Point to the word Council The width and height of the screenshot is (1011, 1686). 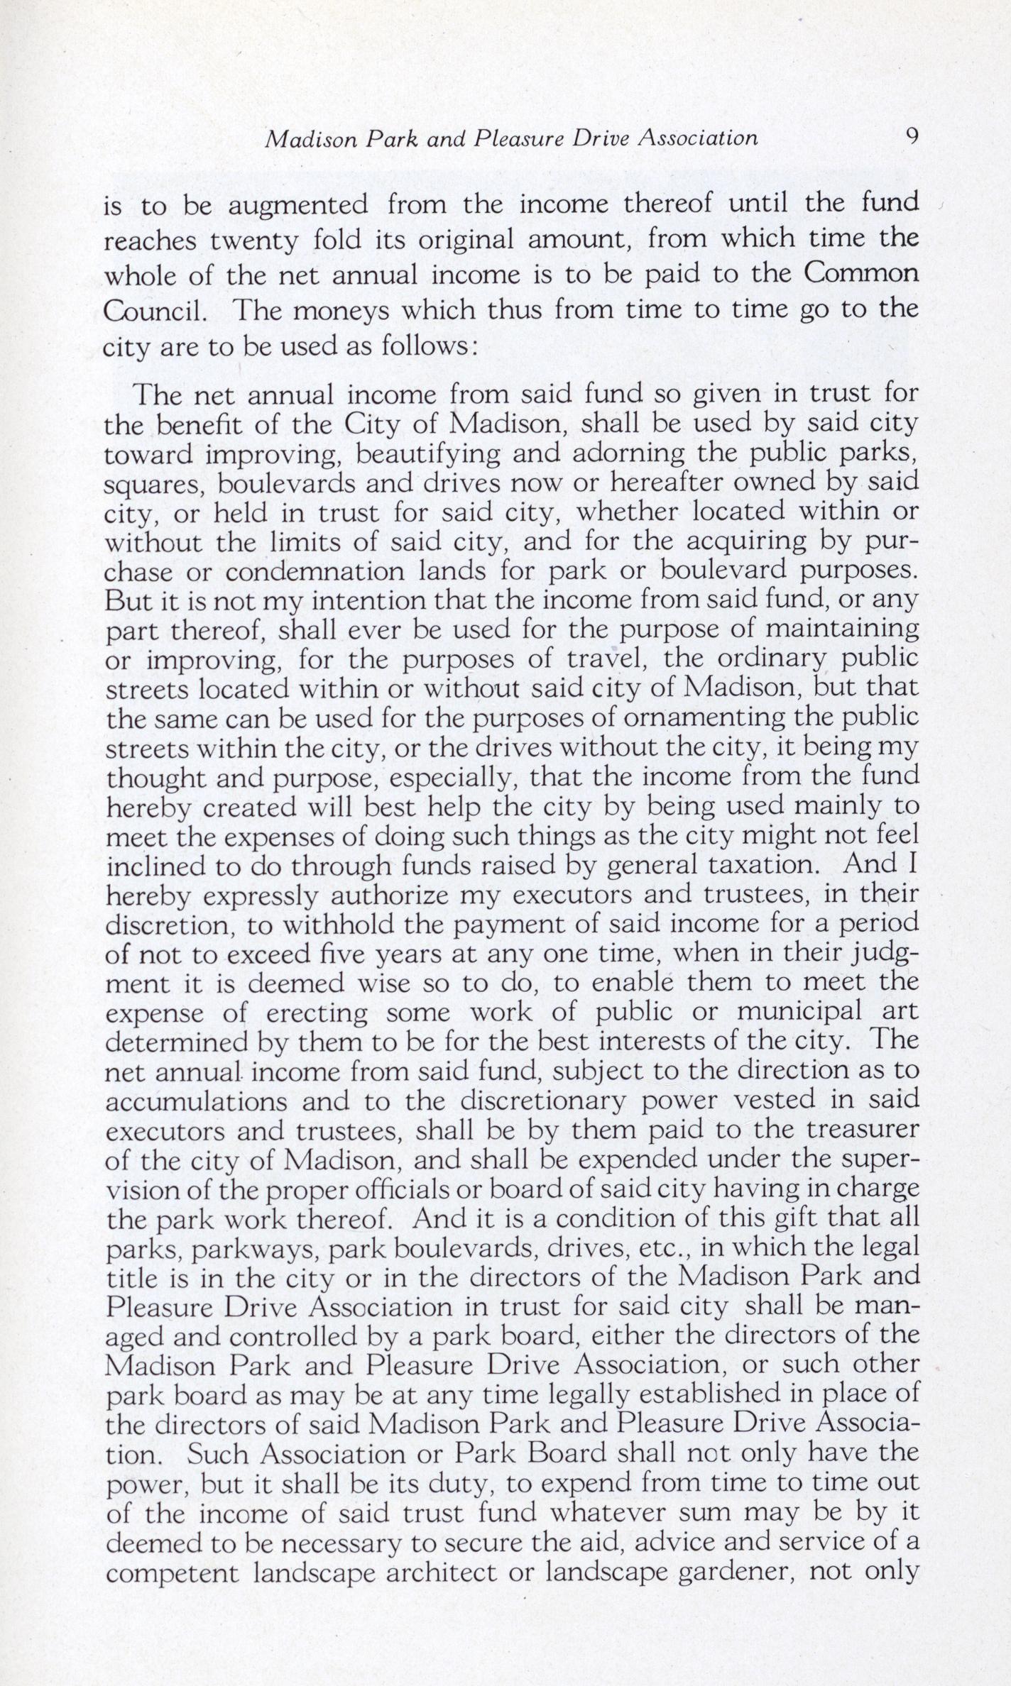pyautogui.click(x=150, y=311)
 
